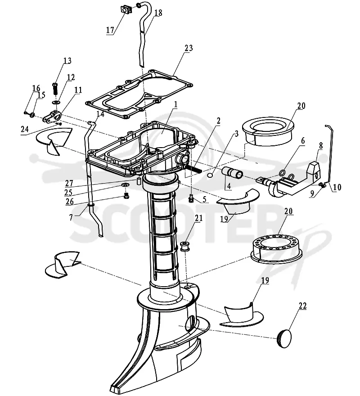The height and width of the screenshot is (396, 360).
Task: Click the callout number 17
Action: (110, 30)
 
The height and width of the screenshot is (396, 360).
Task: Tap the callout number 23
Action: (189, 48)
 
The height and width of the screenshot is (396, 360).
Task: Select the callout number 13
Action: (67, 61)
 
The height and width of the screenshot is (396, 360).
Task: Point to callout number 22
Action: (302, 306)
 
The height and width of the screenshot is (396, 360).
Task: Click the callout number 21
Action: (199, 218)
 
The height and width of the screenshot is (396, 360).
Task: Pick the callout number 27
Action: (69, 183)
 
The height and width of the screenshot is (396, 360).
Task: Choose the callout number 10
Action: (337, 187)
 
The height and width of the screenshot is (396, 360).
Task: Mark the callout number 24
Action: (25, 129)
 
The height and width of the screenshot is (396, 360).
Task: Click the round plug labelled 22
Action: (284, 338)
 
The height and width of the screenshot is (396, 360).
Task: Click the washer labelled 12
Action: (56, 102)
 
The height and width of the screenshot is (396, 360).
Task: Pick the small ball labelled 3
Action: (210, 175)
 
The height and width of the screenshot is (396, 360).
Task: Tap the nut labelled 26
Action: (126, 196)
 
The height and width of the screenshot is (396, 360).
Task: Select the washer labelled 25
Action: (125, 185)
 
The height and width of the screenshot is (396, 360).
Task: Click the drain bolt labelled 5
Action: (191, 198)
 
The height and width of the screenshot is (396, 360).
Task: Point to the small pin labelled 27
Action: (139, 181)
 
